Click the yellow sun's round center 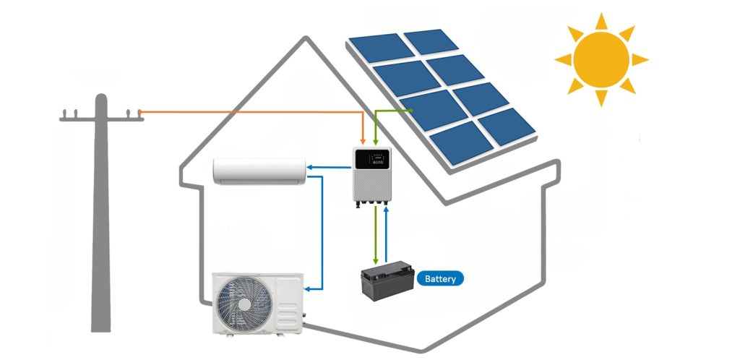601,59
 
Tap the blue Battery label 440,278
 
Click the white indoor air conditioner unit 259,171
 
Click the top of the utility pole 100,98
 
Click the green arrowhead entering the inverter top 377,140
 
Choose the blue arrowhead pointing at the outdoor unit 309,289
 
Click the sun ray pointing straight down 600,98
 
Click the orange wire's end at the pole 139,112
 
